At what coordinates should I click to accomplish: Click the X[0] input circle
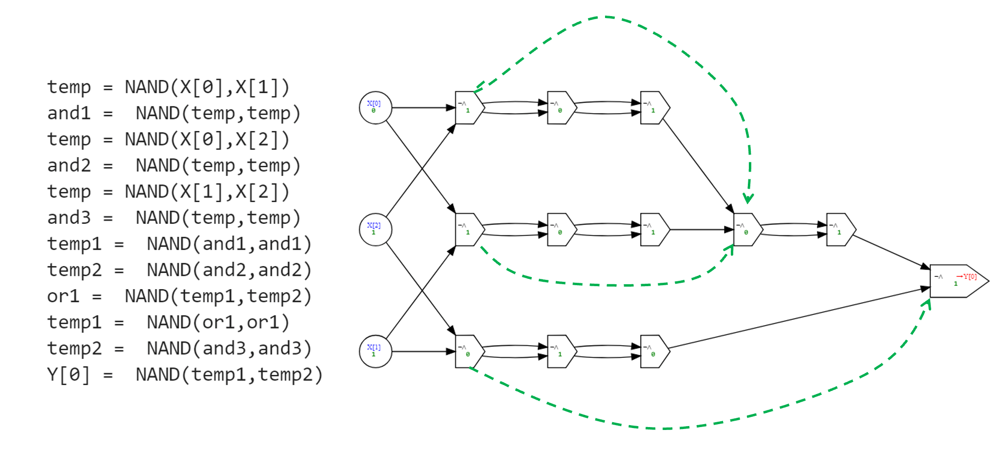pos(375,108)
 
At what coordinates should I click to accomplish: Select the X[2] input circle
pos(375,230)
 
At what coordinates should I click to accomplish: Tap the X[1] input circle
pos(375,351)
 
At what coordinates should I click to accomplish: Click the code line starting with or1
pos(178,296)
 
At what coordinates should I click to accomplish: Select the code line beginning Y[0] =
pos(184,375)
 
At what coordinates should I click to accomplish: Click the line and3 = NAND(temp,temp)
pos(173,218)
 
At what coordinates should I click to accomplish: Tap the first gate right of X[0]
pos(469,108)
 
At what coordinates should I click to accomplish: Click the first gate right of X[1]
pos(469,351)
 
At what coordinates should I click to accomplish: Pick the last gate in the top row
pos(654,108)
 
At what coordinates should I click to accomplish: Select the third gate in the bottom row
pos(654,351)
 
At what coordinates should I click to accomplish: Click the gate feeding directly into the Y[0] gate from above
pos(840,230)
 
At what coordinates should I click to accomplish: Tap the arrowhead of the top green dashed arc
pos(748,199)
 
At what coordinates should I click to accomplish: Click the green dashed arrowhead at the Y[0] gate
pos(928,303)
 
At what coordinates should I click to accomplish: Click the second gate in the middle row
pos(561,230)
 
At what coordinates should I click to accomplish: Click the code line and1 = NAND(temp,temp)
pos(173,114)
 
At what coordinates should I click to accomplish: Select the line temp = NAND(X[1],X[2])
pos(168,192)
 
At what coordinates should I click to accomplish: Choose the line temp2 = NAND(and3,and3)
pos(178,349)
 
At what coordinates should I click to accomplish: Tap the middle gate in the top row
pos(561,108)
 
